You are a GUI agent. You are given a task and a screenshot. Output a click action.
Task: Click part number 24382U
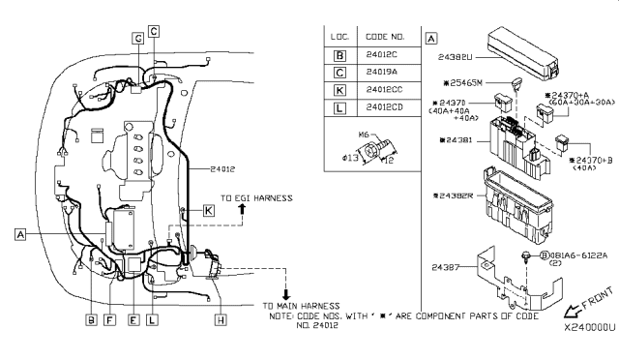[459, 57]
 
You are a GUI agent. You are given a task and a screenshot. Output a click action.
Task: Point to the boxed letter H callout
[221, 318]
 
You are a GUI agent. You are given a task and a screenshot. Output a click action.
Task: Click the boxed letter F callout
[109, 318]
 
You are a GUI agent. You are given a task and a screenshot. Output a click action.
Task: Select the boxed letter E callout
[133, 318]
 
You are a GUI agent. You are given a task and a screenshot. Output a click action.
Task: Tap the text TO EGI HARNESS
[256, 198]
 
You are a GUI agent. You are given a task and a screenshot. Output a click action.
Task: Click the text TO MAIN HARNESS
[300, 306]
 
